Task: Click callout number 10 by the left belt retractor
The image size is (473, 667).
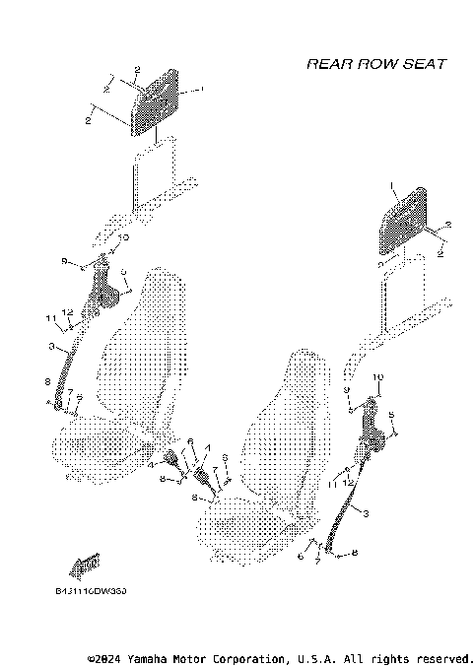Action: [x=122, y=237]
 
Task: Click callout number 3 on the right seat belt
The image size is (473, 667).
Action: [x=367, y=513]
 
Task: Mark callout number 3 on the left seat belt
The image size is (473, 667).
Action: [x=50, y=347]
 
